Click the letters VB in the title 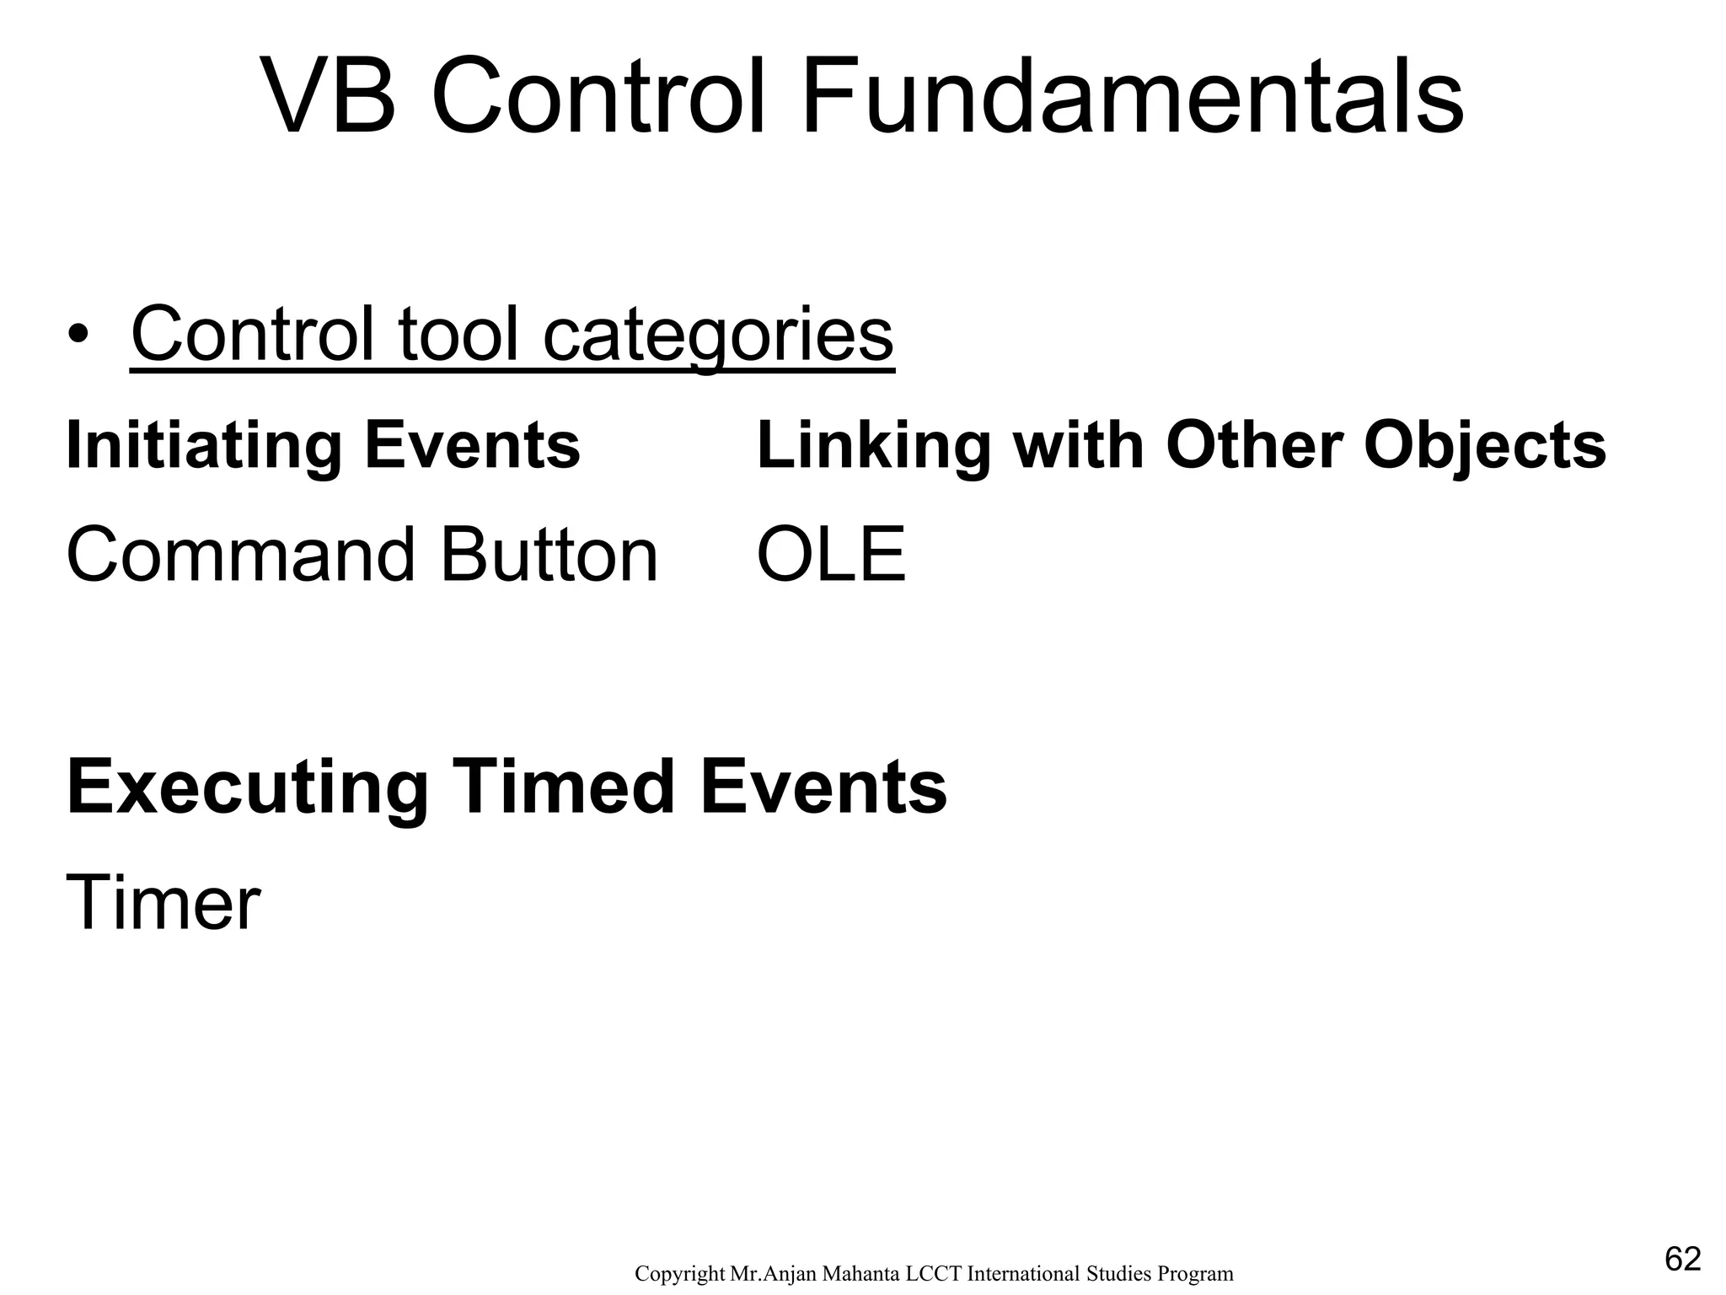point(329,97)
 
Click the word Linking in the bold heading point(874,446)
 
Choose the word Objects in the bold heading point(1484,446)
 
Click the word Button point(549,556)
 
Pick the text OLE point(831,556)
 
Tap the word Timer point(163,904)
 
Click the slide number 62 point(1683,1260)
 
